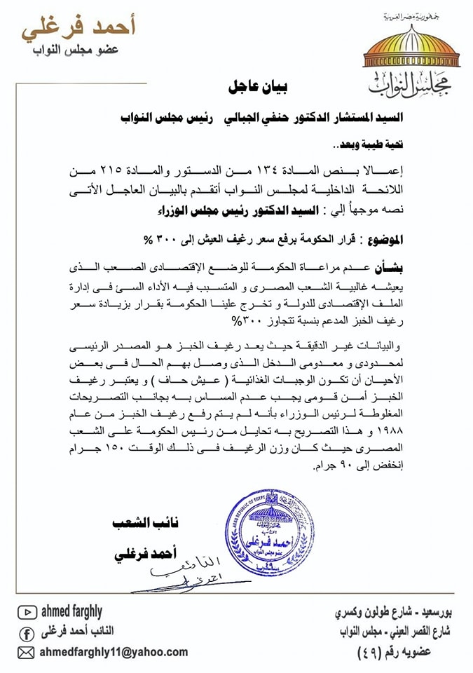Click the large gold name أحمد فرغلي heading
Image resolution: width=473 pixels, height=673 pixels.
pyautogui.click(x=79, y=27)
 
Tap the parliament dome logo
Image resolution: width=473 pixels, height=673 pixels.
pyautogui.click(x=402, y=53)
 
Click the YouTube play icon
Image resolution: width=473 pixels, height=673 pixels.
pyautogui.click(x=27, y=613)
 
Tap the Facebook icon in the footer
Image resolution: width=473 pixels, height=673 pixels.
pyautogui.click(x=27, y=632)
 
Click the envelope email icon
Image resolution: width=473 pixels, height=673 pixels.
pyautogui.click(x=27, y=652)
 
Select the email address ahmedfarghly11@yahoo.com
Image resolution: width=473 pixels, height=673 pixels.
pyautogui.click(x=112, y=652)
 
